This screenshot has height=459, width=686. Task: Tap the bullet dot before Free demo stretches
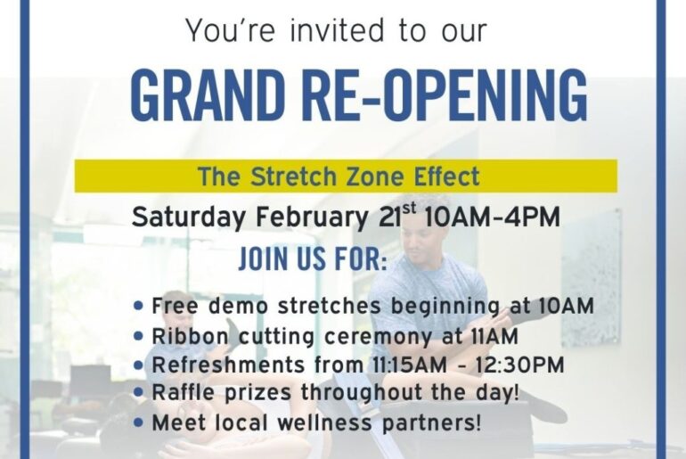click(x=138, y=306)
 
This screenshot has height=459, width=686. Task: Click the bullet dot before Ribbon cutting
click(x=138, y=336)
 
